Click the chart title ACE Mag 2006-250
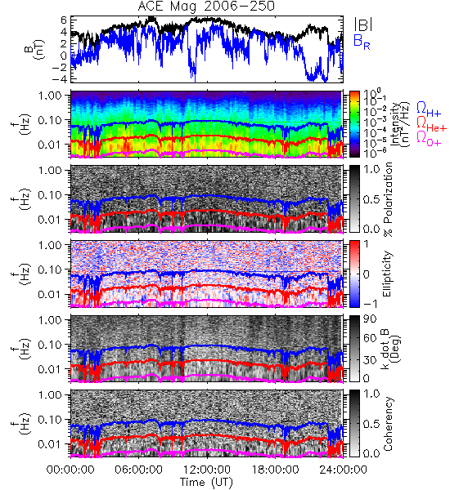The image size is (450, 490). click(206, 7)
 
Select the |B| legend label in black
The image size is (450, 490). click(363, 24)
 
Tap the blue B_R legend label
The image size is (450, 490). click(362, 42)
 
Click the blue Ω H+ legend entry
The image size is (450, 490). click(429, 109)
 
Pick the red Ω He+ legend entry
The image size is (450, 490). click(431, 124)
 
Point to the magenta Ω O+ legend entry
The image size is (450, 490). click(429, 139)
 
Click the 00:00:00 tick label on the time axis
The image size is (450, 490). click(70, 470)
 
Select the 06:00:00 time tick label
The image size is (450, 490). click(139, 470)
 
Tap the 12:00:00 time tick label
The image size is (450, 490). click(207, 470)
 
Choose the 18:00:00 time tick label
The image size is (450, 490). click(275, 470)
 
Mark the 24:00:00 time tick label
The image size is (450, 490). click(343, 470)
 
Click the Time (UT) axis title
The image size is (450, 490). click(206, 482)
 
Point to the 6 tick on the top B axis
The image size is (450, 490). click(64, 20)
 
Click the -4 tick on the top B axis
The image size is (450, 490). click(59, 78)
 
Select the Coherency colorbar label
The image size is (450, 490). click(388, 424)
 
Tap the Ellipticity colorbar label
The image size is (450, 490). click(387, 274)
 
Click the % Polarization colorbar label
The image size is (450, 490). click(388, 199)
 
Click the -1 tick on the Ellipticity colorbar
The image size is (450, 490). click(370, 304)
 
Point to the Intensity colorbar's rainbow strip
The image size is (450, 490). click(354, 124)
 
